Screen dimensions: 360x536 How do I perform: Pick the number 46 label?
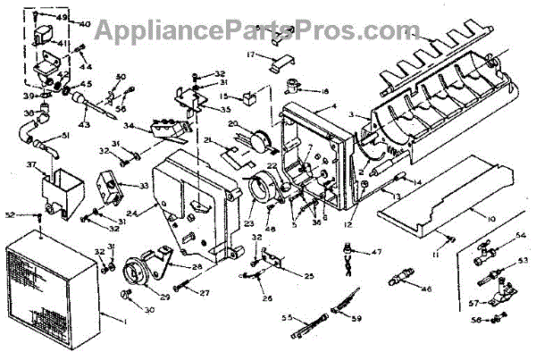(426, 289)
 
